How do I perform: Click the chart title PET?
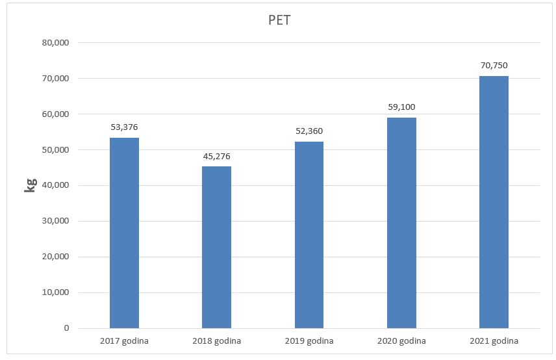point(279,19)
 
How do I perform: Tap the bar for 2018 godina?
point(216,247)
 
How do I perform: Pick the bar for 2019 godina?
point(309,235)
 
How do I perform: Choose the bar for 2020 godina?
point(401,222)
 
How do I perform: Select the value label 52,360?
point(309,131)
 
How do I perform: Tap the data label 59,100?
point(401,107)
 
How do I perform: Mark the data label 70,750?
point(494,65)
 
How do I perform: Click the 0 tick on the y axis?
point(66,328)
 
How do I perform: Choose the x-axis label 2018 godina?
point(216,341)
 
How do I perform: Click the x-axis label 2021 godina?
point(494,341)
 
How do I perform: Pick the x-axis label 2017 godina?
point(124,341)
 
